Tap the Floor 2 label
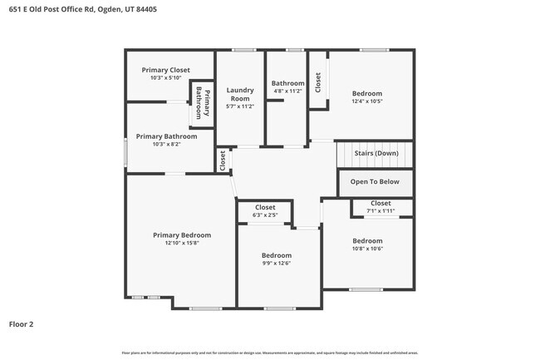point(22,323)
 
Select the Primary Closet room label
point(165,70)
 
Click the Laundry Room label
point(239,94)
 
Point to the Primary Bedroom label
point(181,234)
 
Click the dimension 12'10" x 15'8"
point(181,243)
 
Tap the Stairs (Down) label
point(376,153)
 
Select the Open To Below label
point(375,181)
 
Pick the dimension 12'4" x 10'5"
point(366,102)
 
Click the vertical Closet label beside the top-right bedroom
point(317,81)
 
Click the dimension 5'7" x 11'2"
point(239,106)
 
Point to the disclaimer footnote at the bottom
point(270,353)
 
